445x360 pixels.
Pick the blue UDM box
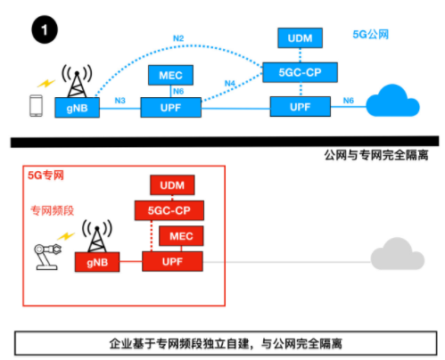[301, 37]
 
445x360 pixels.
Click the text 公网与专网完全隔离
[377, 155]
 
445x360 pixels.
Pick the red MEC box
[182, 236]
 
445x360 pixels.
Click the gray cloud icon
[399, 255]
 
